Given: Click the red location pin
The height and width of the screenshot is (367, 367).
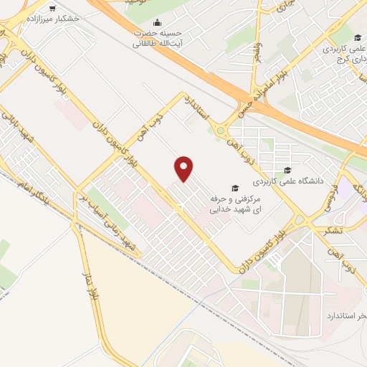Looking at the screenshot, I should click(x=184, y=168).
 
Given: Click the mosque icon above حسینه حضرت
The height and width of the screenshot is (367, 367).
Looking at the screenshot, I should click(x=158, y=22).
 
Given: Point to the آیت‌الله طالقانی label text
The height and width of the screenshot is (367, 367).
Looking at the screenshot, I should click(x=156, y=44).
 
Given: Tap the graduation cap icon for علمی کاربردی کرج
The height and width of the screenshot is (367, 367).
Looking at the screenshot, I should click(x=357, y=38).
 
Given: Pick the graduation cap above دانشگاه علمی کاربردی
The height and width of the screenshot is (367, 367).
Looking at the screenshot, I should click(x=287, y=170).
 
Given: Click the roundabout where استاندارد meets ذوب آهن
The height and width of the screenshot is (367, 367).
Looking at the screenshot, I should click(x=220, y=130).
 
